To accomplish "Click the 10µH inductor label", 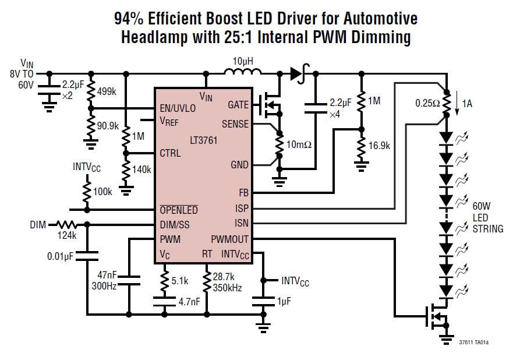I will (242, 61).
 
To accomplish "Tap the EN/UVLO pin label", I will (178, 108).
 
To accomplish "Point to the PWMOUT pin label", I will (230, 239).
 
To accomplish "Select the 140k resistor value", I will (141, 170).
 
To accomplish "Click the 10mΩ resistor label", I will (300, 144).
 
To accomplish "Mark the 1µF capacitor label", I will (284, 302).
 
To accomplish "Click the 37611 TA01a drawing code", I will (474, 343).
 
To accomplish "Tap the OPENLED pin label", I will (179, 210).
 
